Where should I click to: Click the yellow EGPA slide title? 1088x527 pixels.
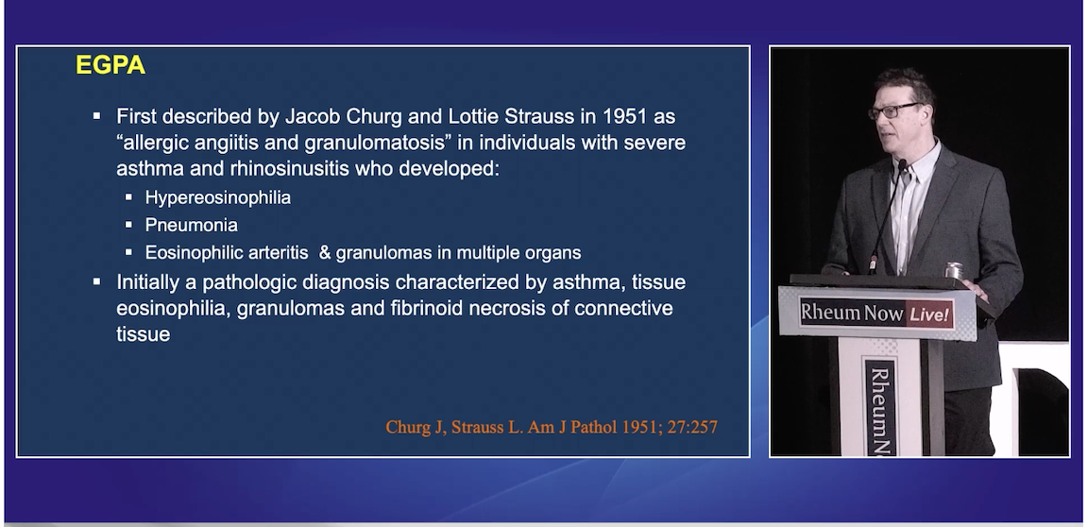point(110,66)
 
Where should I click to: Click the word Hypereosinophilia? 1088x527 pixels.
point(217,198)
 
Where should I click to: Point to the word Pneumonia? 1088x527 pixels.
point(191,226)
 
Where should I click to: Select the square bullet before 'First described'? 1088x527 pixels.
point(96,116)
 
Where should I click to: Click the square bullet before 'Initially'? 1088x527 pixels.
point(96,281)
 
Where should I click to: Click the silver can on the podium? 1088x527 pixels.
point(954,270)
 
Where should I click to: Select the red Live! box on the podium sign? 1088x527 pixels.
point(929,314)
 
